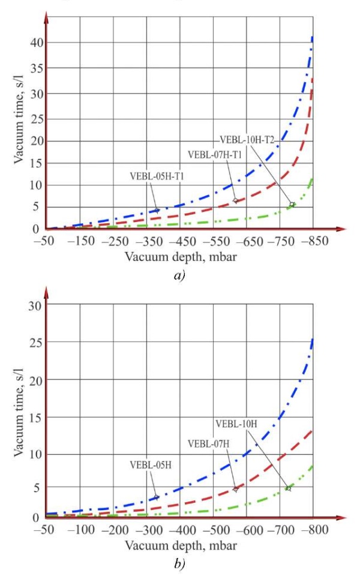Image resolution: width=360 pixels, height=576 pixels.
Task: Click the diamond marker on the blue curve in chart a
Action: (x=157, y=211)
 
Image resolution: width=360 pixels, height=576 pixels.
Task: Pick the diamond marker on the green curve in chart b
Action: (x=289, y=488)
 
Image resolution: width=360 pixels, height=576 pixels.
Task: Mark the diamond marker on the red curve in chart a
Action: (x=236, y=200)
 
